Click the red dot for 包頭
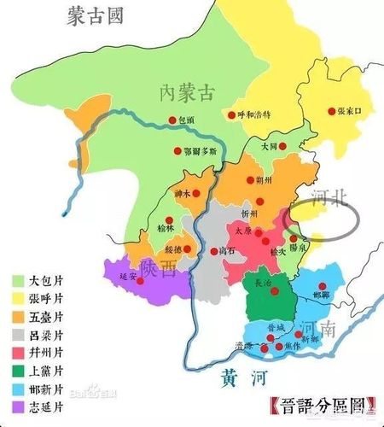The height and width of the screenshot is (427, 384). tap(172, 120)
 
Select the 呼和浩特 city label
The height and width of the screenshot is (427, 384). tap(253, 114)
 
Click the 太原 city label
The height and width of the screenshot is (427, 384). tap(243, 229)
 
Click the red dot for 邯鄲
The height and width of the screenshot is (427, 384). tap(322, 286)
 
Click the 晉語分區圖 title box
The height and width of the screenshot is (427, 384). tap(320, 402)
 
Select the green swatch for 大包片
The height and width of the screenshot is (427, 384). tap(18, 280)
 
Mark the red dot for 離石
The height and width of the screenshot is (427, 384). tap(208, 252)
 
